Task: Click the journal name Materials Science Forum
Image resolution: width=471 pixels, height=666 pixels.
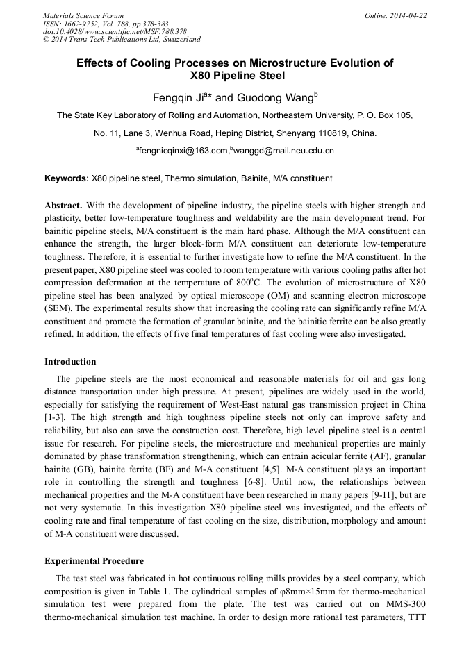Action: (83, 15)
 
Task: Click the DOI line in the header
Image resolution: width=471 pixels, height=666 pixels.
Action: (115, 32)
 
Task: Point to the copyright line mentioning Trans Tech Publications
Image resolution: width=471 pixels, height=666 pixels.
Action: (122, 40)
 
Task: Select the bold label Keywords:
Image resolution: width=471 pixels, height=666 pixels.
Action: (67, 178)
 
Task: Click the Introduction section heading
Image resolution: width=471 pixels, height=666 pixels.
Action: (70, 362)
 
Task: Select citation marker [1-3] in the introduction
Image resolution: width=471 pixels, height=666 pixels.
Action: (56, 417)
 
